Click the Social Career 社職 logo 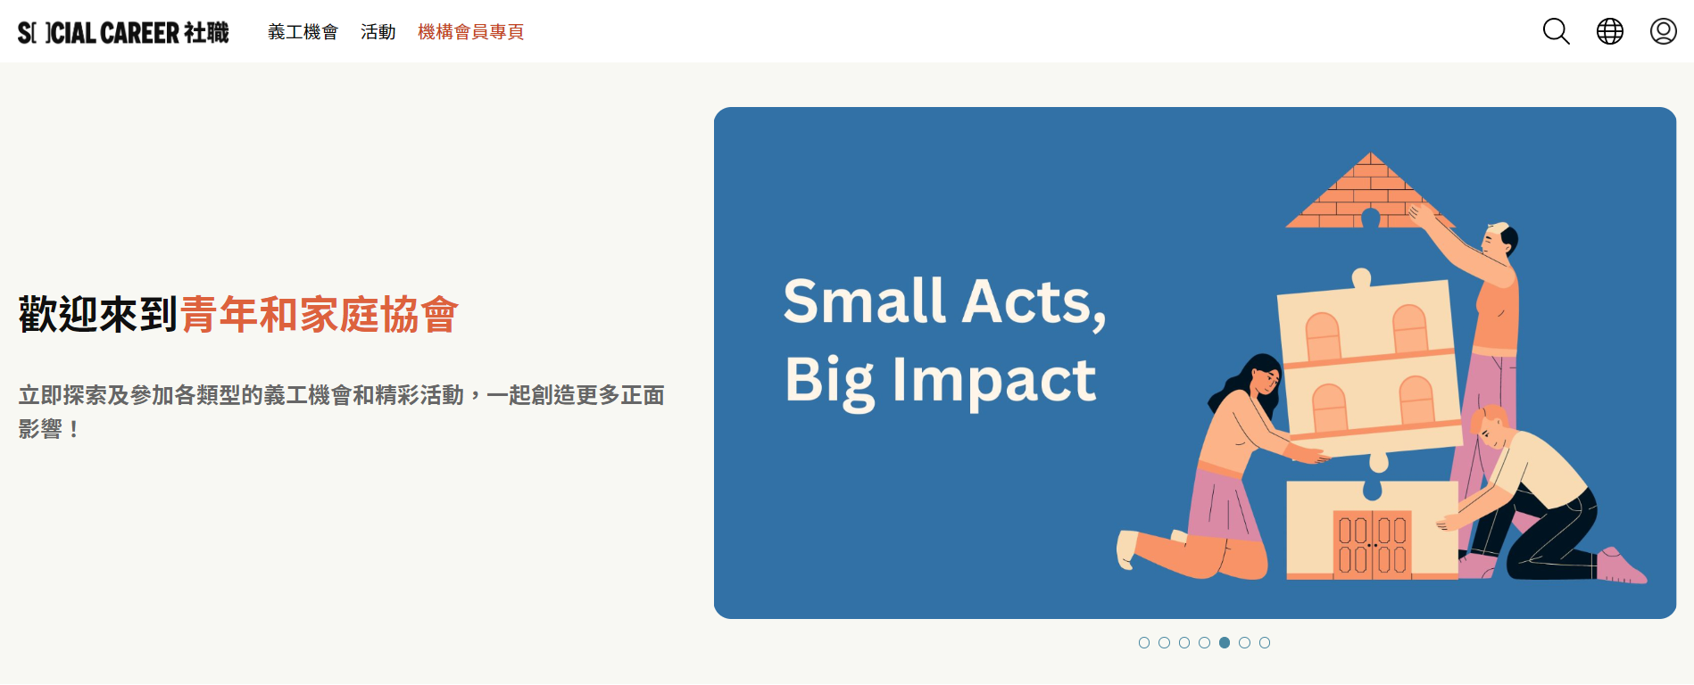(x=123, y=32)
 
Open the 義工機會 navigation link (x=303, y=32)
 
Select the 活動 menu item (x=378, y=32)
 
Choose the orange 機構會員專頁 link (x=470, y=32)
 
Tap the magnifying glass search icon (x=1556, y=31)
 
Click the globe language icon (x=1609, y=31)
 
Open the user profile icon (x=1663, y=31)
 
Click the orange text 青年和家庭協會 (x=320, y=314)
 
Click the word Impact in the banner (x=994, y=380)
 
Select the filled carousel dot (x=1225, y=642)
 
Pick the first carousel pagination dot (x=1144, y=642)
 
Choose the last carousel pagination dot (x=1265, y=642)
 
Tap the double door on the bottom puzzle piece (x=1373, y=544)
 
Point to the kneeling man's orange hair (x=1489, y=417)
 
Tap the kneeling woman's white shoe (x=1127, y=548)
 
